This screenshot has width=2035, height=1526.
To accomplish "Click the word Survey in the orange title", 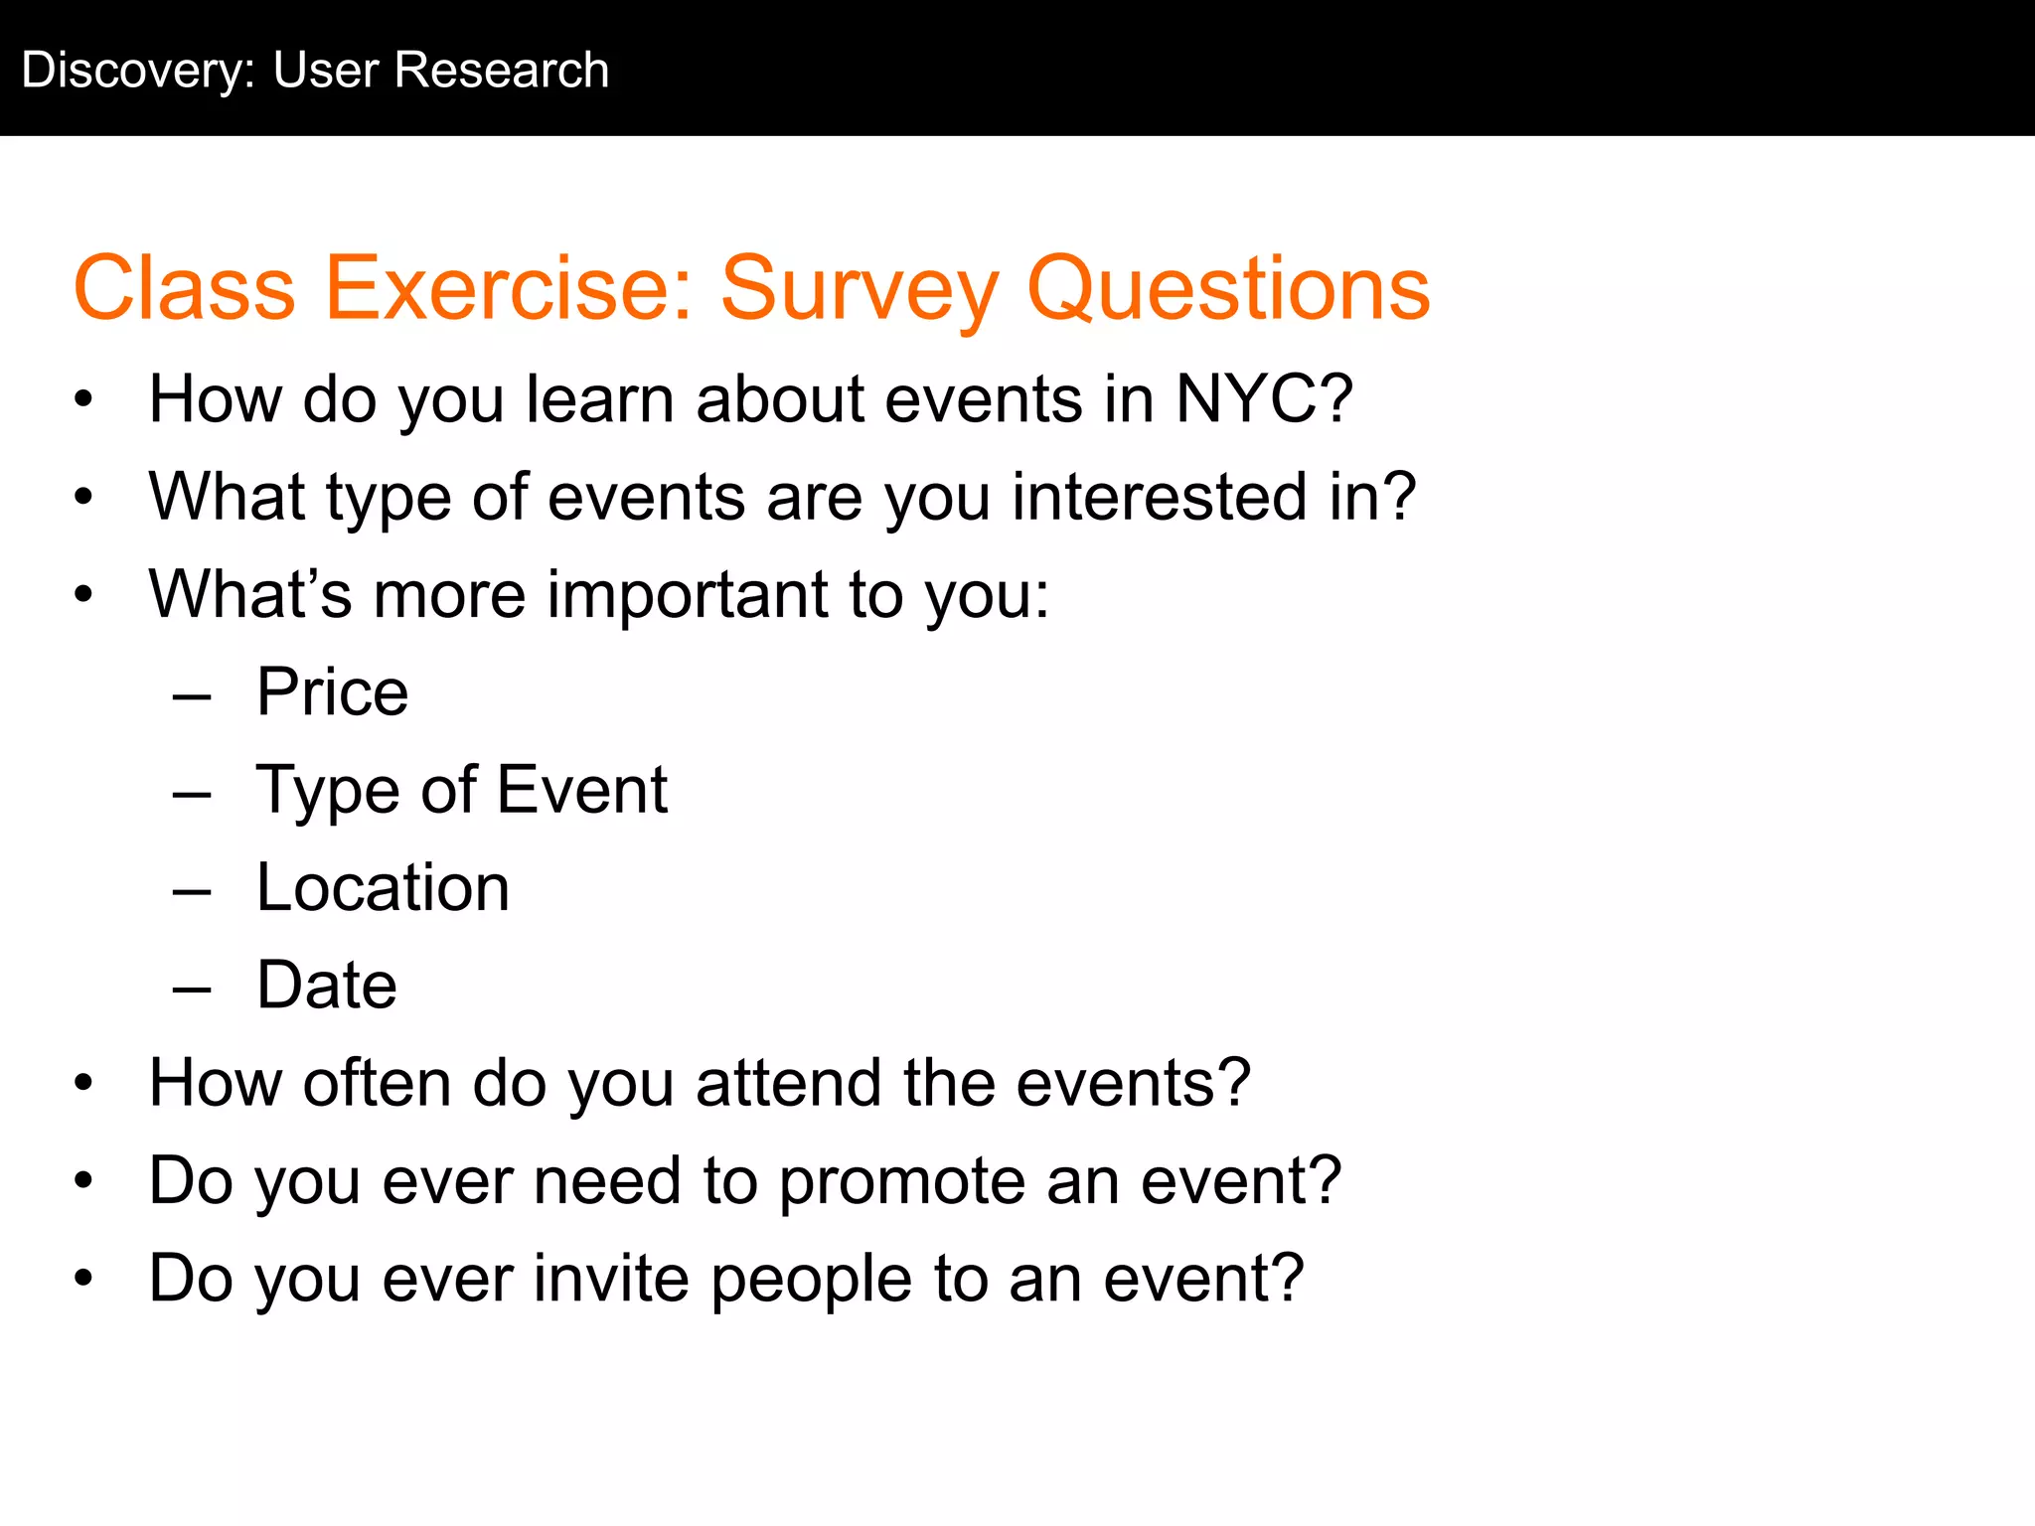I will tap(859, 289).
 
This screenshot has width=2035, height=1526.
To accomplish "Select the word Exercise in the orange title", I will tap(508, 289).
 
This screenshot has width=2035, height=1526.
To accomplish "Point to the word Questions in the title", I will tap(1228, 289).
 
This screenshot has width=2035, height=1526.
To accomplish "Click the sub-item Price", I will tap(332, 692).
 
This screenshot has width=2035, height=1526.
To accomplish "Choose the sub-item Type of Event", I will tap(462, 791).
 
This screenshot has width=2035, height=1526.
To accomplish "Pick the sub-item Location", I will tap(383, 887).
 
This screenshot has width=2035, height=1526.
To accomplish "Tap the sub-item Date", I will tap(327, 986).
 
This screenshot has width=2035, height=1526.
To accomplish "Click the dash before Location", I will tap(192, 892).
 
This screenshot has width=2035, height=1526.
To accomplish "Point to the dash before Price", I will tap(192, 697).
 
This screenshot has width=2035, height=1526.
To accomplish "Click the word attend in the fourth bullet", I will tap(788, 1083).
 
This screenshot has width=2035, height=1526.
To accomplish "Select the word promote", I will tap(900, 1182).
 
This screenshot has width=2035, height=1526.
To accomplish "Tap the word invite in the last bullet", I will tap(611, 1279).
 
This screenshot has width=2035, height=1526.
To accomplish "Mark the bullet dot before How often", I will tap(83, 1084).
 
